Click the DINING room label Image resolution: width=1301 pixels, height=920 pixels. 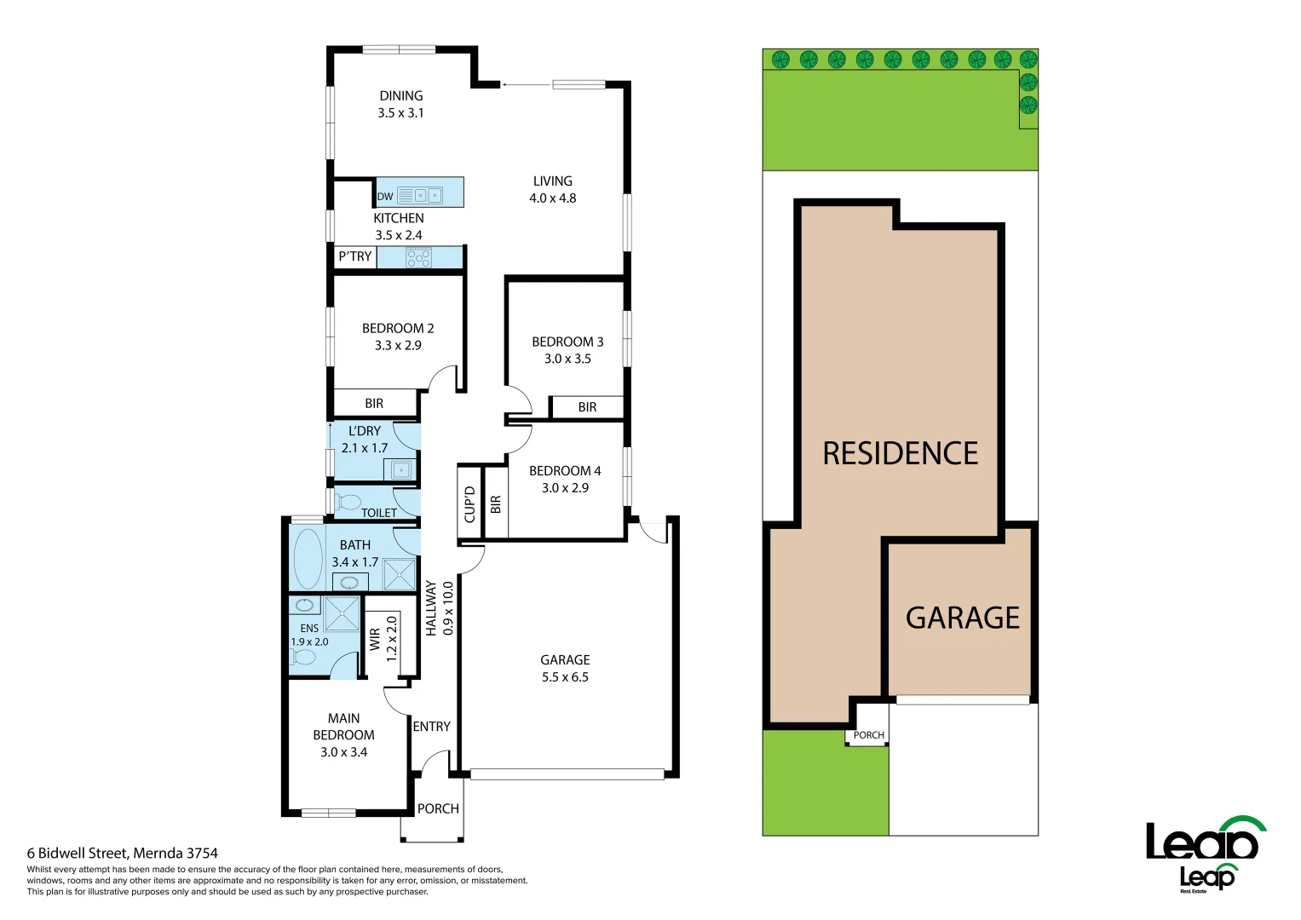tap(400, 96)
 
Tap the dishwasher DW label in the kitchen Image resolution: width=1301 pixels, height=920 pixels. tap(385, 196)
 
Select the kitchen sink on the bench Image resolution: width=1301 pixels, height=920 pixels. tap(429, 195)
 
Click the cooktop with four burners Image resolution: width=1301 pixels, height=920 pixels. tap(418, 257)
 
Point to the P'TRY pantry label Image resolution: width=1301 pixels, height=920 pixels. tap(354, 256)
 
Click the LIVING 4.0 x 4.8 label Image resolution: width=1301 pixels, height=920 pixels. tap(552, 189)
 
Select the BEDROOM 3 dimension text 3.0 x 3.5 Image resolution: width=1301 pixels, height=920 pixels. tap(567, 359)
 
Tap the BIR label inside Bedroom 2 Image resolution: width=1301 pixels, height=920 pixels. tap(373, 404)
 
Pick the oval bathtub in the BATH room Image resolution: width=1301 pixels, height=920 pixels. tap(308, 559)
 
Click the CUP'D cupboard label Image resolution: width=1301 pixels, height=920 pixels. tap(469, 504)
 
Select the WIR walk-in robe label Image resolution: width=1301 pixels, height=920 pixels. tap(375, 639)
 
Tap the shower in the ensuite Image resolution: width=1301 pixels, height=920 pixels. tap(342, 614)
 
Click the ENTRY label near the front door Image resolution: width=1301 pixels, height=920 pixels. tap(431, 727)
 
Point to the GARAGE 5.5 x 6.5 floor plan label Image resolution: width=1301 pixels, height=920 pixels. tap(565, 669)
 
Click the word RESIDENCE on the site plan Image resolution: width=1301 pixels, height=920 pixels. tap(900, 453)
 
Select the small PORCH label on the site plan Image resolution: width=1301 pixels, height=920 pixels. tap(868, 735)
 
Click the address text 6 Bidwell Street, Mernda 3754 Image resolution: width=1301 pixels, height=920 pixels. tap(123, 853)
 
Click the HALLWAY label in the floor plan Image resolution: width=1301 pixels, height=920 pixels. tap(431, 608)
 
